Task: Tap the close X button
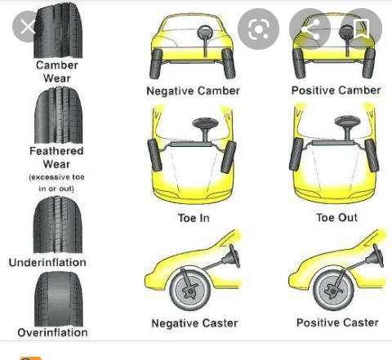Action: click(x=28, y=27)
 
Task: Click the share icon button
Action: click(x=310, y=29)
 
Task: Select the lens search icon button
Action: click(x=258, y=29)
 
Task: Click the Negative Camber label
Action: click(x=193, y=91)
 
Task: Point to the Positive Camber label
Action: click(x=336, y=91)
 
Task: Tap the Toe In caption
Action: click(x=194, y=218)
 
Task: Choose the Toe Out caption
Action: click(x=336, y=217)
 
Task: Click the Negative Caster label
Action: click(x=194, y=323)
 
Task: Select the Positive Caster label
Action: click(x=337, y=322)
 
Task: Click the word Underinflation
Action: click(x=47, y=263)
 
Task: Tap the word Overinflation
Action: click(x=52, y=332)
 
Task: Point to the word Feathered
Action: click(x=56, y=151)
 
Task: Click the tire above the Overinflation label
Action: click(x=59, y=299)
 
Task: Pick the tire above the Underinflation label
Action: click(x=57, y=224)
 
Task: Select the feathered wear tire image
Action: click(x=58, y=115)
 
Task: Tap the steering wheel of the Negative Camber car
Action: click(x=204, y=32)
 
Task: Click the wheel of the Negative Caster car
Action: click(x=190, y=290)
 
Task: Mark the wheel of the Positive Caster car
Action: click(x=333, y=290)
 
